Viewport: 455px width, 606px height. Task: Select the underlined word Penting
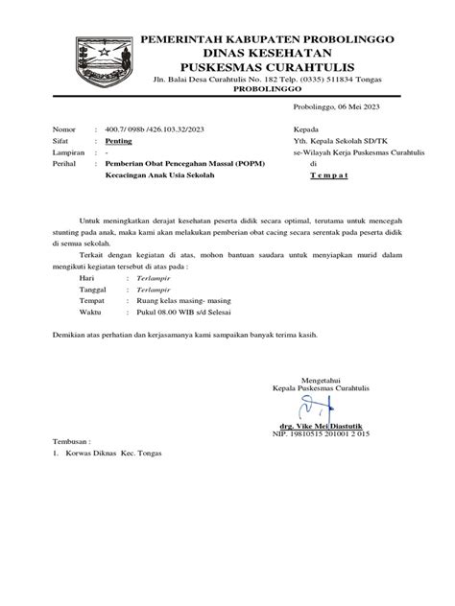119,139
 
